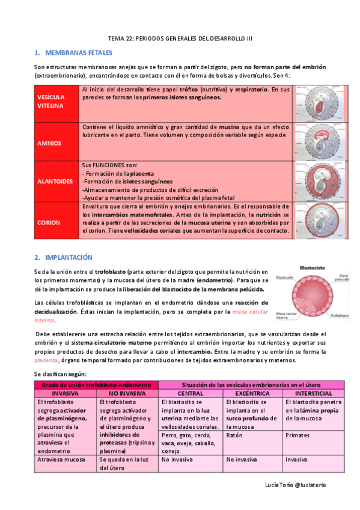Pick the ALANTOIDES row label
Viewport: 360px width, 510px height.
pos(55,181)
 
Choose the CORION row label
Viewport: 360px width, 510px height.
pos(49,223)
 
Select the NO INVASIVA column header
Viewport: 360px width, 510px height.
pos(127,392)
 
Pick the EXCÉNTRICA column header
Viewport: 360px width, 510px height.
pos(252,392)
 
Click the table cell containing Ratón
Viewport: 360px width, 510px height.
pos(234,434)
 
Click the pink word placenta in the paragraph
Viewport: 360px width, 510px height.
pos(46,360)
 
